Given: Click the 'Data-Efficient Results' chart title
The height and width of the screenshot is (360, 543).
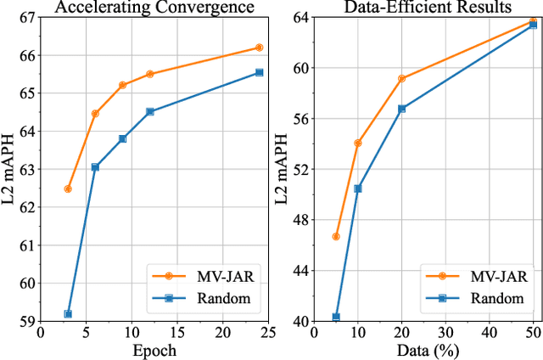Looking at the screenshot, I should coord(415,7).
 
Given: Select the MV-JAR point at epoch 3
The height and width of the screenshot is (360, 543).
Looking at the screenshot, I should coord(68,188).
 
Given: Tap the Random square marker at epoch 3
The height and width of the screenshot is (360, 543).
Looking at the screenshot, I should coord(68,314).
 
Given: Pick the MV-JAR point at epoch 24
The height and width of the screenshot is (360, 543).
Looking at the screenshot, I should coord(259,48).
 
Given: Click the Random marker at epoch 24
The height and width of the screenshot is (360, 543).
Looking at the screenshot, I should coord(259,72).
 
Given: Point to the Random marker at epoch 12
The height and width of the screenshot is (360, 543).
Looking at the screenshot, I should coord(150,111).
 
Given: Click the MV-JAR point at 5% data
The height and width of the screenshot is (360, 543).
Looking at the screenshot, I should coord(336,236).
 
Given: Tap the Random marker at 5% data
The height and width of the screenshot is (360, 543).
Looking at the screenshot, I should coord(336,317).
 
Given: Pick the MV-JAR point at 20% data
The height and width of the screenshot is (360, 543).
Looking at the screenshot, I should coord(401,78).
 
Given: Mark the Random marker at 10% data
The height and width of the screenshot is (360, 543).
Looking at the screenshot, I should coord(357,188).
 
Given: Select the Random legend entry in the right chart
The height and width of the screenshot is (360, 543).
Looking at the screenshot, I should coord(483,298).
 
